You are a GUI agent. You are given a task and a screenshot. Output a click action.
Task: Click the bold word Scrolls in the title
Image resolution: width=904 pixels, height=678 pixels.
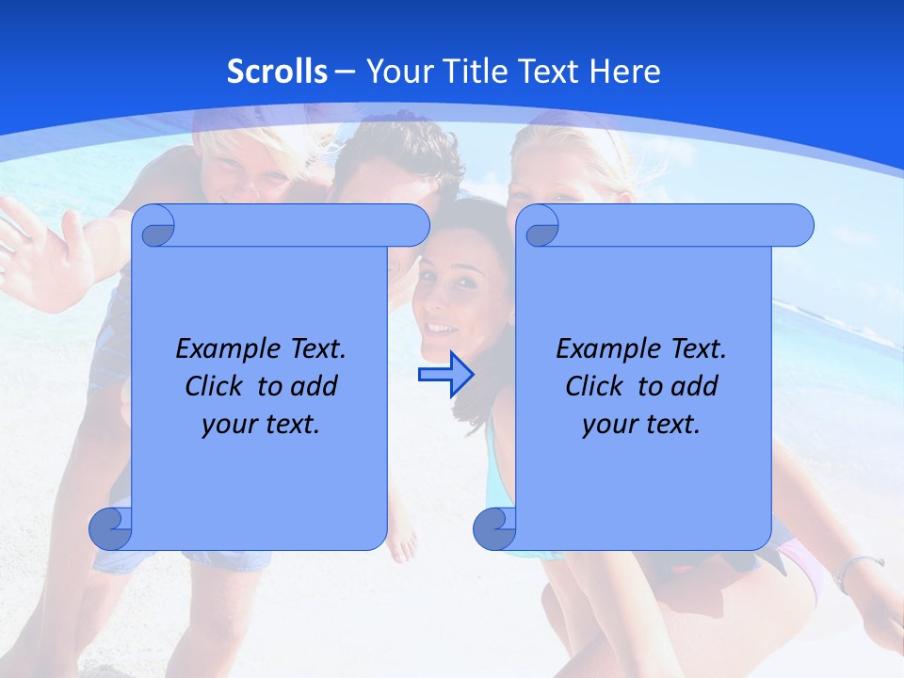[x=278, y=72]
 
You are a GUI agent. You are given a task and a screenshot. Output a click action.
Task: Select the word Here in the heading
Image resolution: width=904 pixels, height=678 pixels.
[x=625, y=72]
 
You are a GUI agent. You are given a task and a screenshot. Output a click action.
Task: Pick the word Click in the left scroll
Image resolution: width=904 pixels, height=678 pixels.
[x=217, y=387]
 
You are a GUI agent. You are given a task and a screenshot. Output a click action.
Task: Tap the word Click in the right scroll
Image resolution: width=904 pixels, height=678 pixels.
[x=597, y=387]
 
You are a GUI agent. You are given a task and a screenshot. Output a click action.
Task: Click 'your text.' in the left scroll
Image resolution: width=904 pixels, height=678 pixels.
[x=261, y=425]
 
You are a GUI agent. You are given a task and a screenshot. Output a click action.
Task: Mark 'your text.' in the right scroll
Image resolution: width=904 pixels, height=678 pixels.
[x=641, y=425]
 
